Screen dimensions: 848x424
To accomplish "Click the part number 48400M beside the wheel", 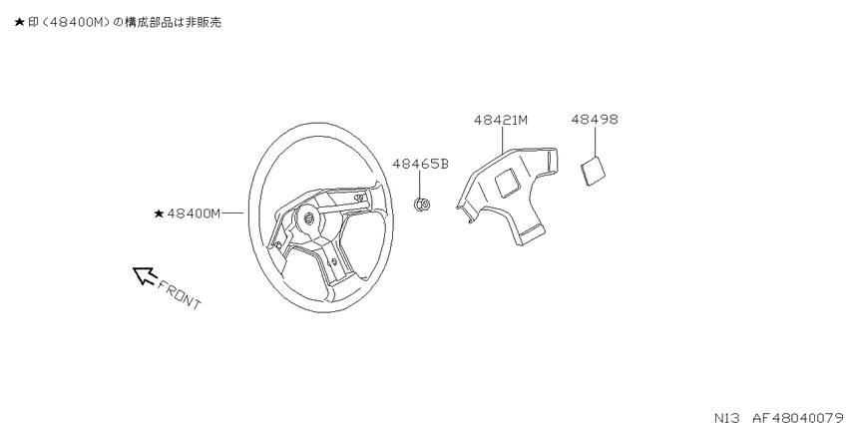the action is click(x=194, y=213).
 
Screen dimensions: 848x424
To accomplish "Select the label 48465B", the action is click(x=420, y=164).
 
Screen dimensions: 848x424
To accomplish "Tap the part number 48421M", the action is click(x=501, y=120).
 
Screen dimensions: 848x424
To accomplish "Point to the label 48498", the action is click(x=595, y=119).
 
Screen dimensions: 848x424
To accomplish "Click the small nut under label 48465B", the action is click(x=422, y=205).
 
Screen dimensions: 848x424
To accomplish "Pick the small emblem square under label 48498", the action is click(x=593, y=171).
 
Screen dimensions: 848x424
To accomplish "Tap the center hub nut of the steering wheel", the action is click(x=310, y=218).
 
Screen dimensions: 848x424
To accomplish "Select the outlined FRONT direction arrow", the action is click(x=145, y=274).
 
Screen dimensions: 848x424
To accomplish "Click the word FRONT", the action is click(x=179, y=294).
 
